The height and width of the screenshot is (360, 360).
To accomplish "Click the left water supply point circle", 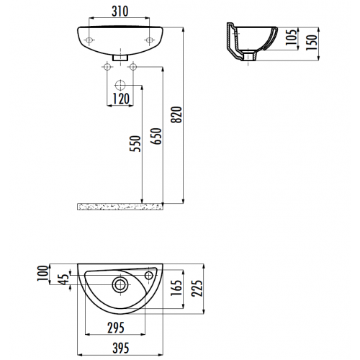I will point(107,67).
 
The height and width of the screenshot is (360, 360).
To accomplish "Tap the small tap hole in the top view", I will point(150,274).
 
